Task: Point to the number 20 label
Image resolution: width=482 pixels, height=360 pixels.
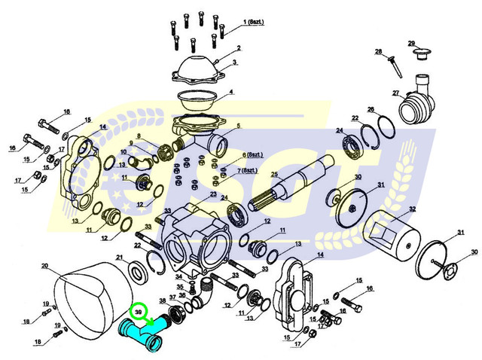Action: pyautogui.click(x=44, y=267)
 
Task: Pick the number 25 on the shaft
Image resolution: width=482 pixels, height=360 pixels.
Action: pyautogui.click(x=275, y=175)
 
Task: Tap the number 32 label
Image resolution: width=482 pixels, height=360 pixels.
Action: pyautogui.click(x=412, y=209)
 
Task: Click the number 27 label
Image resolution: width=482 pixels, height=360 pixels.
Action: pyautogui.click(x=394, y=94)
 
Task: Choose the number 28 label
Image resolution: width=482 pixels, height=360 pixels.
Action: pyautogui.click(x=379, y=52)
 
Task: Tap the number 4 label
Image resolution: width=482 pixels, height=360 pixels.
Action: pyautogui.click(x=231, y=92)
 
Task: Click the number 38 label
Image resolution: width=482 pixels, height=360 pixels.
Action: pyautogui.click(x=163, y=300)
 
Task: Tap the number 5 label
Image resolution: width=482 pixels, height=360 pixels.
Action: pyautogui.click(x=237, y=126)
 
